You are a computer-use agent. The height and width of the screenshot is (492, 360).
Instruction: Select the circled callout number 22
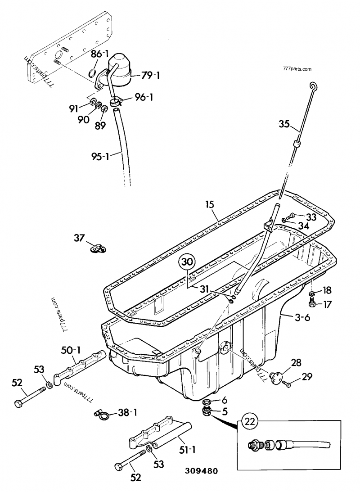[x=251, y=422]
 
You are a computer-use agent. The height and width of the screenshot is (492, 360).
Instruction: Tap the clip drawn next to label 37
[x=96, y=247]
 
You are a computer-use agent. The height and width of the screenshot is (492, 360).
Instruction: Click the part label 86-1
[x=100, y=54]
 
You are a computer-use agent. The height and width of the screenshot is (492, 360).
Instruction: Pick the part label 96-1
[x=143, y=97]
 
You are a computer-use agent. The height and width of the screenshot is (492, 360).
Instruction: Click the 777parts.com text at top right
[x=297, y=69]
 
